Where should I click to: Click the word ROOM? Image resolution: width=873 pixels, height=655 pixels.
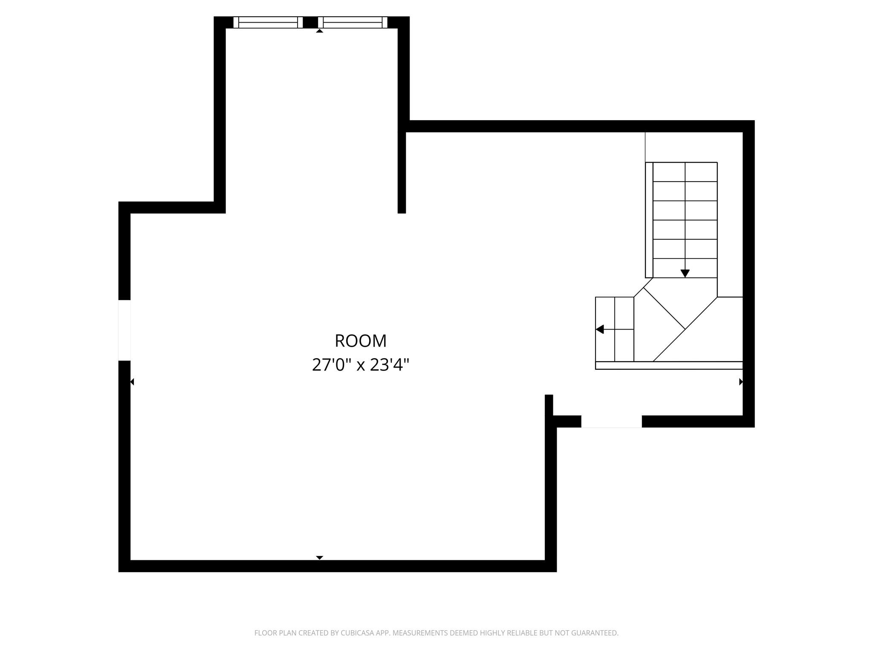point(360,341)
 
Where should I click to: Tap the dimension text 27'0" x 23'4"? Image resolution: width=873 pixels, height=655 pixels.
point(360,365)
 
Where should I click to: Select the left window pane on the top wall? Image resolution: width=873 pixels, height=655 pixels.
point(268,22)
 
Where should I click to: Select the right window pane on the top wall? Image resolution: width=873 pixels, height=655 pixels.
point(353,22)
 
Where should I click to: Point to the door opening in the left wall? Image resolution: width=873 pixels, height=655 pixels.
point(124,330)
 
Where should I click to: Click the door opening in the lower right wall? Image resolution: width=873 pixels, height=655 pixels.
point(611,421)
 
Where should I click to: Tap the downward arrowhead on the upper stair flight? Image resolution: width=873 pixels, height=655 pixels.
point(685,273)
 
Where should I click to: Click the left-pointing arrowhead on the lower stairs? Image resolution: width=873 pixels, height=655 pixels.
point(600,329)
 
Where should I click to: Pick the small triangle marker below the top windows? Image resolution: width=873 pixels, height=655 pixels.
point(319,31)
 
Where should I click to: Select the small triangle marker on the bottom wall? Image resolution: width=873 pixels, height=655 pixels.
point(319,557)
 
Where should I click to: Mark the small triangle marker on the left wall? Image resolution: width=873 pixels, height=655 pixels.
point(132,382)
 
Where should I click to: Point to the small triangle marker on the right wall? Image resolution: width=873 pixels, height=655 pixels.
point(741,382)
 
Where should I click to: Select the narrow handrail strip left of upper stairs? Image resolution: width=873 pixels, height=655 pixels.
point(649,220)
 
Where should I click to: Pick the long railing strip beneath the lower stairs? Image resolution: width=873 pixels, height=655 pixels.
point(668,365)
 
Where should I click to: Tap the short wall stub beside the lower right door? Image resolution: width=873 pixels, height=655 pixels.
point(549,405)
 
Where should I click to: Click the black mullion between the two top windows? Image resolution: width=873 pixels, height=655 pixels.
point(310,22)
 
